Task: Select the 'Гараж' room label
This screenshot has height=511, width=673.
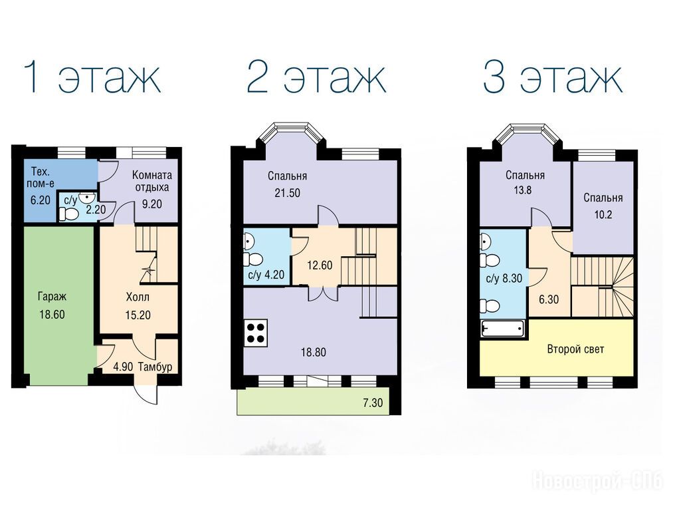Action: (x=52, y=297)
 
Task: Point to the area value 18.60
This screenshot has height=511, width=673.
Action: (x=52, y=315)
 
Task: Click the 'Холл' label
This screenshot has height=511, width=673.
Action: (x=138, y=297)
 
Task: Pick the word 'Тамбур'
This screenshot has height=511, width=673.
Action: (x=155, y=367)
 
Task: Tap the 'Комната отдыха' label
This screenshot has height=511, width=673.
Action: (x=152, y=182)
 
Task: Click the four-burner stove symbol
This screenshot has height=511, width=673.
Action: (x=255, y=333)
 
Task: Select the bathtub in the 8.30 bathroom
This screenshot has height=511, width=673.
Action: (x=503, y=329)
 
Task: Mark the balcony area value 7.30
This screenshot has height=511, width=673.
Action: (x=373, y=403)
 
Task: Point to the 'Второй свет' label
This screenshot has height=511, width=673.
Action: (x=575, y=349)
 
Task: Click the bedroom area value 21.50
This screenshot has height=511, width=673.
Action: (x=288, y=193)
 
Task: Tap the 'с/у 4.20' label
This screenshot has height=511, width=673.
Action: (x=266, y=275)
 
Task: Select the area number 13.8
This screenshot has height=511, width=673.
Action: (x=522, y=190)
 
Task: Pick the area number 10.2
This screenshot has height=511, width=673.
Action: (x=603, y=214)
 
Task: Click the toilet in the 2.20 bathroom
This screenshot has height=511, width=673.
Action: (x=68, y=214)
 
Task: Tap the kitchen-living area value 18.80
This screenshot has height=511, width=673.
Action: (x=314, y=353)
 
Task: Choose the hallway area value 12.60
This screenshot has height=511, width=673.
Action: (x=320, y=265)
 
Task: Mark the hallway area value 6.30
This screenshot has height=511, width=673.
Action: (x=549, y=299)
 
